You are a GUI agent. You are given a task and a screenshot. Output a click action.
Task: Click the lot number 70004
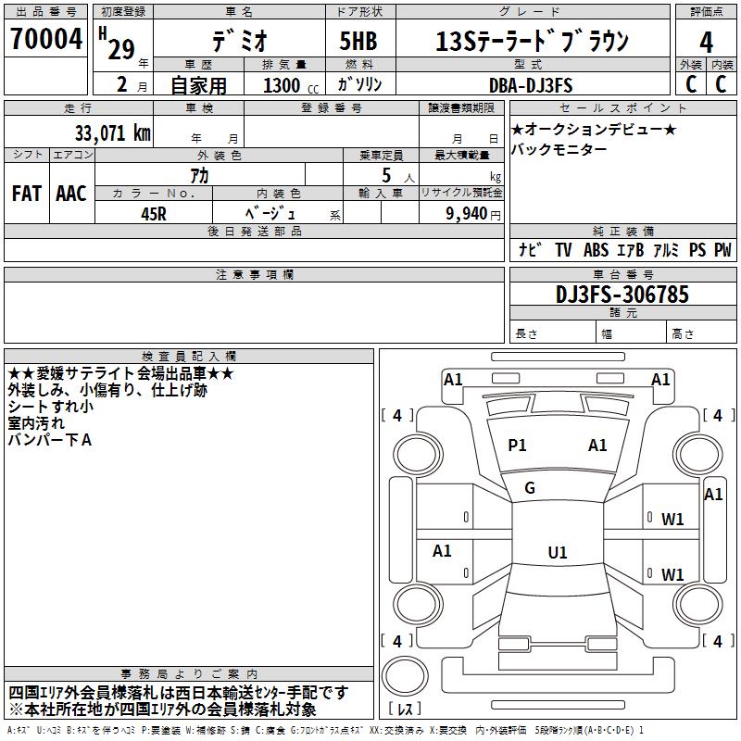[x=46, y=40]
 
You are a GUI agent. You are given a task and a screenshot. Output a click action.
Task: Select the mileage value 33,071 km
[x=112, y=133]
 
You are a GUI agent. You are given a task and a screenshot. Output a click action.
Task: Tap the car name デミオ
[x=238, y=40]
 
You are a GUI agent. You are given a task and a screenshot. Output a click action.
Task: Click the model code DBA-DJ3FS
[x=531, y=85]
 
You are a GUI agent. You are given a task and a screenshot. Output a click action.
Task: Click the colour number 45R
[x=154, y=214]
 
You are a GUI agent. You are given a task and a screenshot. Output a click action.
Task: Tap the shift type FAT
[x=26, y=194]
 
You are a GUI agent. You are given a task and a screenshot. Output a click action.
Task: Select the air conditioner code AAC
[x=70, y=194]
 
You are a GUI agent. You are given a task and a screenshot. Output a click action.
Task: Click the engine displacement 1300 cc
[x=287, y=85]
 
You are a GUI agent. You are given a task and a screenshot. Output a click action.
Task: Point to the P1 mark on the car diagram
[x=517, y=446]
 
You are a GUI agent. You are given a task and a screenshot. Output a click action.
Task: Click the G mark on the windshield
[x=530, y=488]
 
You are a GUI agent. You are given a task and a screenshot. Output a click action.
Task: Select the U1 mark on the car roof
[x=557, y=553]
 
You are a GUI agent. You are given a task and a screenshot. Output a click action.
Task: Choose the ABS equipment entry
[x=596, y=250]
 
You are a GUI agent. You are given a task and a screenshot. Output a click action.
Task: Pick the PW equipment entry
[x=722, y=250]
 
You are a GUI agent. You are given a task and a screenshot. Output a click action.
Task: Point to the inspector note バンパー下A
[x=50, y=440]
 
